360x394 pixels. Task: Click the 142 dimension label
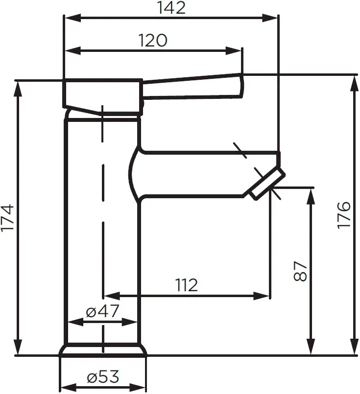(x=171, y=7)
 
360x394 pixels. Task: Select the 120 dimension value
(x=153, y=40)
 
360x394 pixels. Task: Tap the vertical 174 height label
(x=7, y=218)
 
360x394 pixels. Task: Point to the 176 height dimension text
(x=344, y=215)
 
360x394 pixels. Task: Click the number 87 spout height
(x=300, y=271)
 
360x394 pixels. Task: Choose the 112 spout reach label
(x=186, y=285)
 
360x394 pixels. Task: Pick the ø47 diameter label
(x=102, y=311)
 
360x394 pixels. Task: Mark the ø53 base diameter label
(x=103, y=377)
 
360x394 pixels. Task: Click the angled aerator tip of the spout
(x=267, y=184)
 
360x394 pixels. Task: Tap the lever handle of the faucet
(x=192, y=86)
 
